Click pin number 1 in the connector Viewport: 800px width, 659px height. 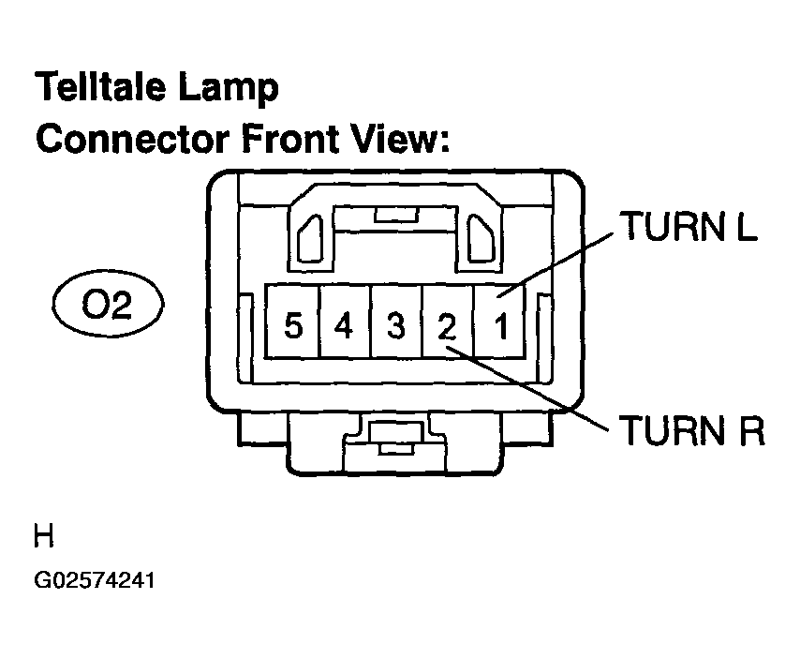(501, 327)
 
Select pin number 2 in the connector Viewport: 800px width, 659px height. (448, 327)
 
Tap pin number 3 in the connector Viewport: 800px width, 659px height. (396, 327)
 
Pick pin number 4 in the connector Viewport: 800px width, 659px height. (344, 327)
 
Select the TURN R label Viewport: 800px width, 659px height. (690, 432)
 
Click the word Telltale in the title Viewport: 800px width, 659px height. (104, 89)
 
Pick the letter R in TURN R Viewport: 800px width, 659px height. (749, 432)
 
